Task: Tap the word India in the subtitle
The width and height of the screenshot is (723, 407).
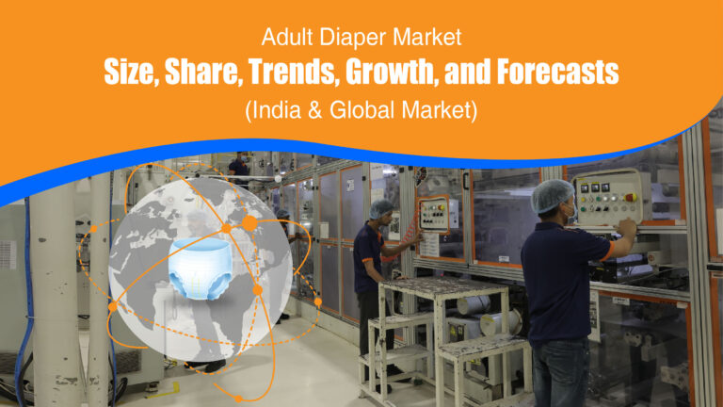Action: (x=275, y=109)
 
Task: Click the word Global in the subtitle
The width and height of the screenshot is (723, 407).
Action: (x=362, y=109)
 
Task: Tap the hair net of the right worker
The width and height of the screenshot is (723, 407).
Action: (x=553, y=193)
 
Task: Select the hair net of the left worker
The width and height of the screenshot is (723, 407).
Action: (x=381, y=207)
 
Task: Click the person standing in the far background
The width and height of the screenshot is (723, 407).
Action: (x=239, y=168)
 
